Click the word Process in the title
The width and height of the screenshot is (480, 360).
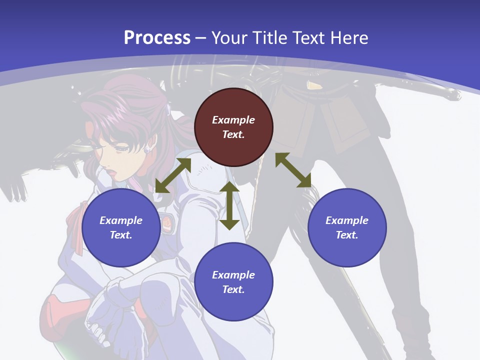tap(157, 37)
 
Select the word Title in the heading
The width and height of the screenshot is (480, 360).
tap(269, 37)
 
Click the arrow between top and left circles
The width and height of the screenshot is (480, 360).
tap(173, 175)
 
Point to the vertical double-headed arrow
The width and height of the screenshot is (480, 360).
tap(229, 205)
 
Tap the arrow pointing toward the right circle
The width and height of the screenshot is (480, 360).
tap(293, 170)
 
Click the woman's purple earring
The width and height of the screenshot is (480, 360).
tap(147, 149)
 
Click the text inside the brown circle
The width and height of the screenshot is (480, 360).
tap(233, 127)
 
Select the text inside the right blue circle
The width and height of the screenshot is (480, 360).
tap(347, 227)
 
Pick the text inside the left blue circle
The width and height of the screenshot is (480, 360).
tap(121, 227)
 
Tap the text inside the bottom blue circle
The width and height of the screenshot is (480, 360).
tap(233, 282)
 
